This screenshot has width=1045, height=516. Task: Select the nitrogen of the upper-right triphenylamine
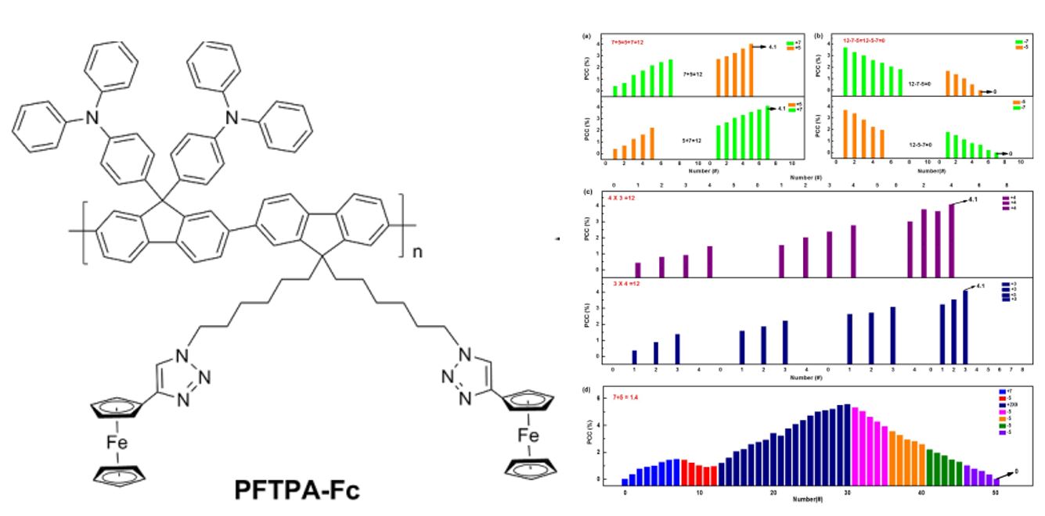pos(230,117)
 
